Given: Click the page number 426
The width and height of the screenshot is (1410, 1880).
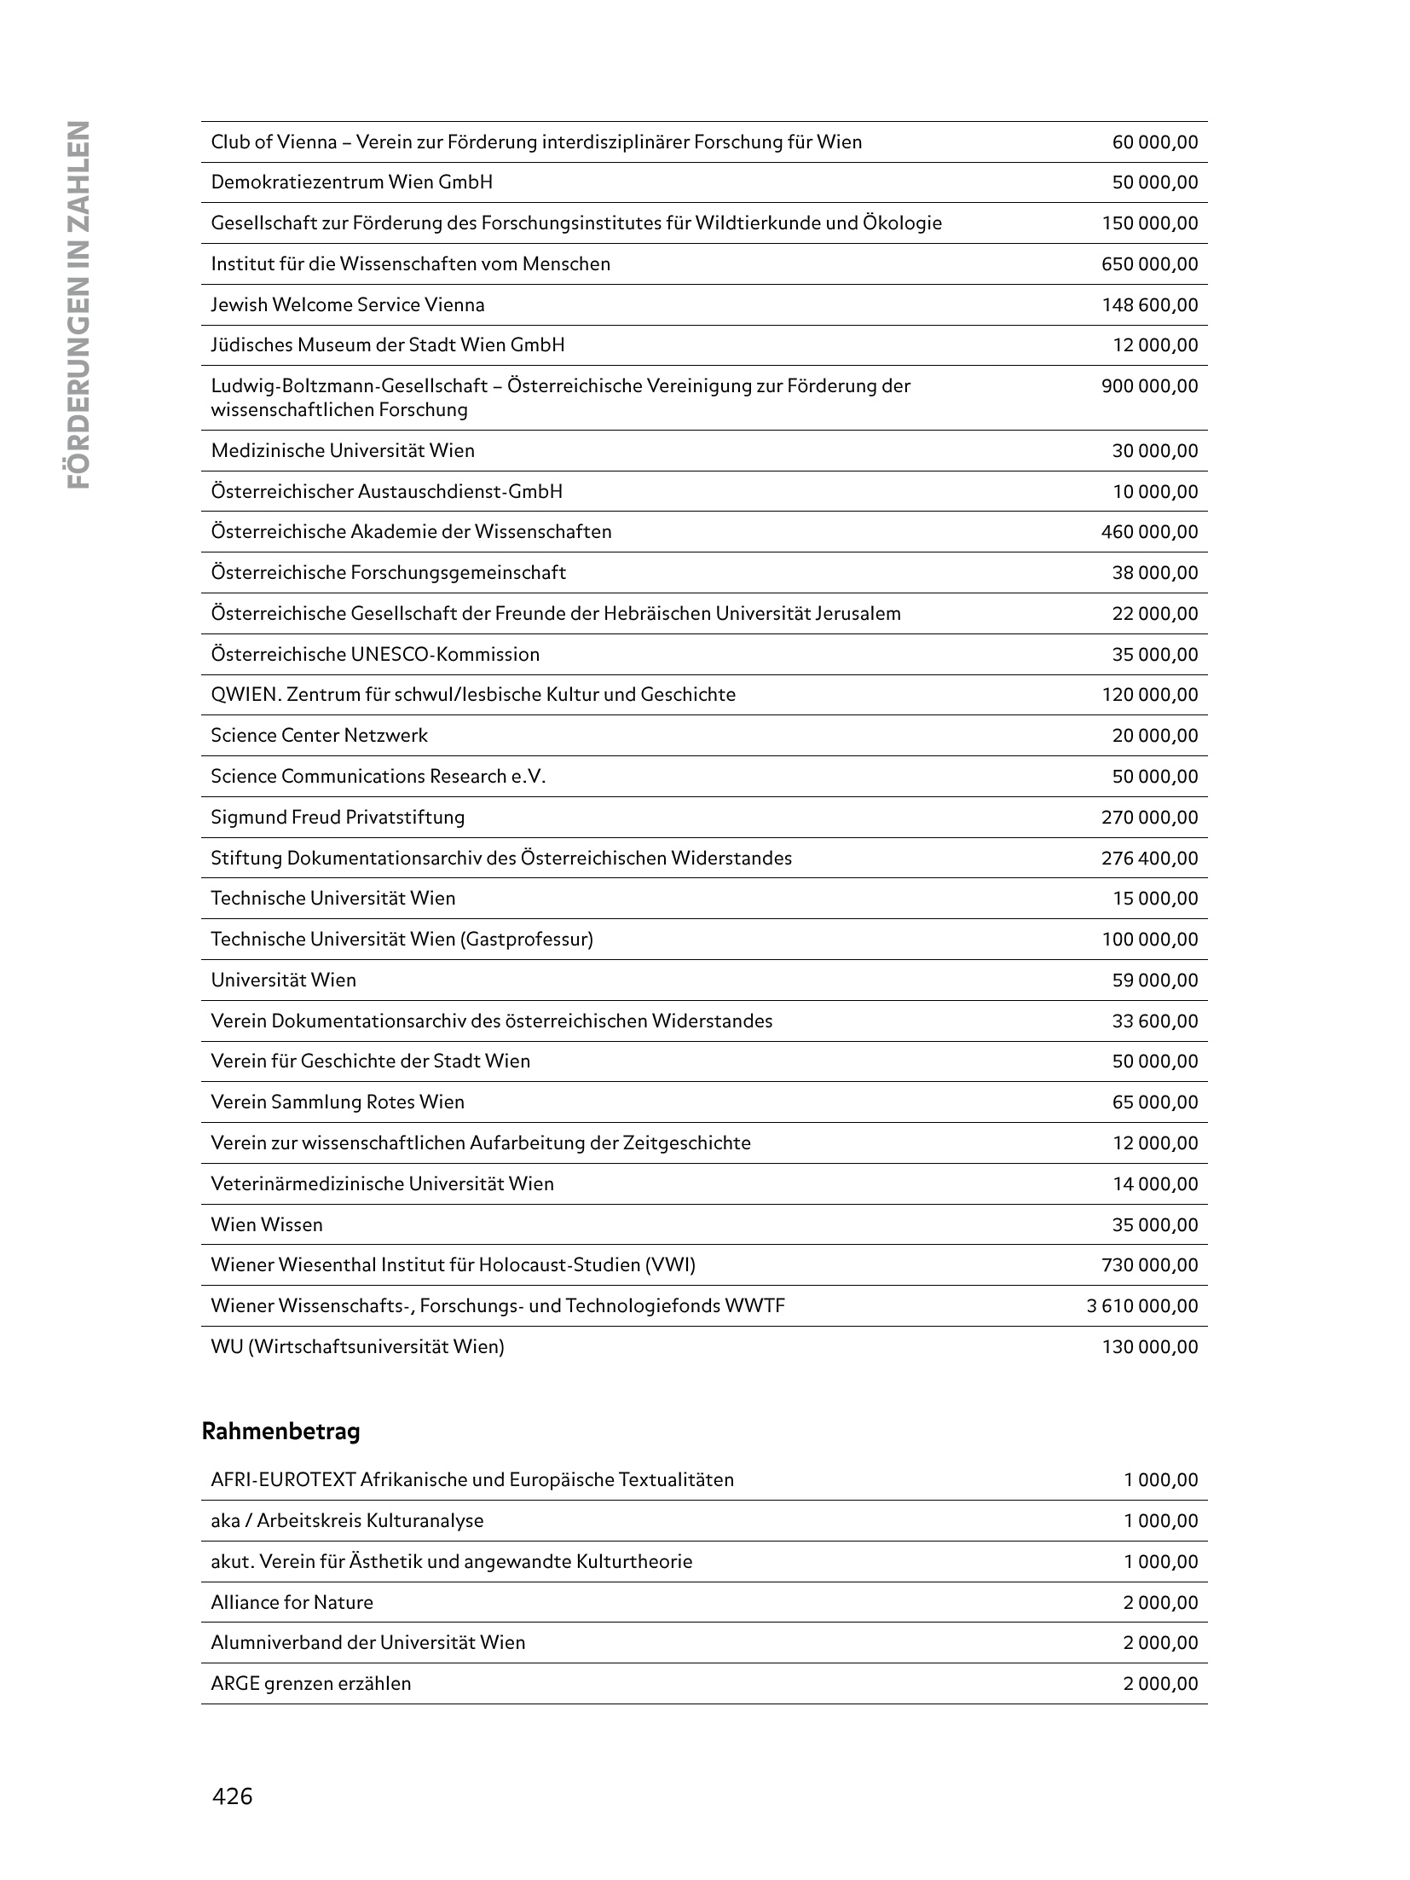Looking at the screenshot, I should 233,1796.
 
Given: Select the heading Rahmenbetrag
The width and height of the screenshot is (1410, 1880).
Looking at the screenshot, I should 280,1432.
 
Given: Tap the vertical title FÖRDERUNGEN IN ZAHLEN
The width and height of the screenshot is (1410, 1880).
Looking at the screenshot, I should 78,304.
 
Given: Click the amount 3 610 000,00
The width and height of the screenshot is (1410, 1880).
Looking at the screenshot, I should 1142,1305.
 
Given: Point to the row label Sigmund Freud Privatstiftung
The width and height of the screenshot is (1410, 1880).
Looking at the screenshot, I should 338,817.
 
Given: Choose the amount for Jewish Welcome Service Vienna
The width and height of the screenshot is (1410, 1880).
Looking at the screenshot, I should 1150,304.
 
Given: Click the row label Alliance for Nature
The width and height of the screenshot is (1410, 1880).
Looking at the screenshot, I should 292,1602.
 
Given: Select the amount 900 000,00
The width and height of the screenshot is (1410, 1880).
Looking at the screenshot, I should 1150,386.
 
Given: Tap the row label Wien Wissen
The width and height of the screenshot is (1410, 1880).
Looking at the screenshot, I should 267,1224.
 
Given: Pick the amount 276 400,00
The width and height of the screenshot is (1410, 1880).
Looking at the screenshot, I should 1150,858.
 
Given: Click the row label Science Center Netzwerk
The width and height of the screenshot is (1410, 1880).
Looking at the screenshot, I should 319,735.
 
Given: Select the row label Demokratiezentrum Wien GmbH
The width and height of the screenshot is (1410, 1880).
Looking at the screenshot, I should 351,182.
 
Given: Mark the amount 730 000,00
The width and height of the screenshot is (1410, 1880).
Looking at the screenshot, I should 1150,1264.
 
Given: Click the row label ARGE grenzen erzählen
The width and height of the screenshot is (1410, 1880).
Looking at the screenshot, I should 310,1683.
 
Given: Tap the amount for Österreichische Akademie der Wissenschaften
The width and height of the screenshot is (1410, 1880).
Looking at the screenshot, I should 1150,532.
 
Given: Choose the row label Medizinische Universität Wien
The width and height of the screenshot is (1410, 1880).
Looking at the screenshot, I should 343,450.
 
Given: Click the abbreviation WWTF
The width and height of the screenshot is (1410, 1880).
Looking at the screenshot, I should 754,1305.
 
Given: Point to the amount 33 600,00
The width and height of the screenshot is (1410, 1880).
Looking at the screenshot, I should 1155,1021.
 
